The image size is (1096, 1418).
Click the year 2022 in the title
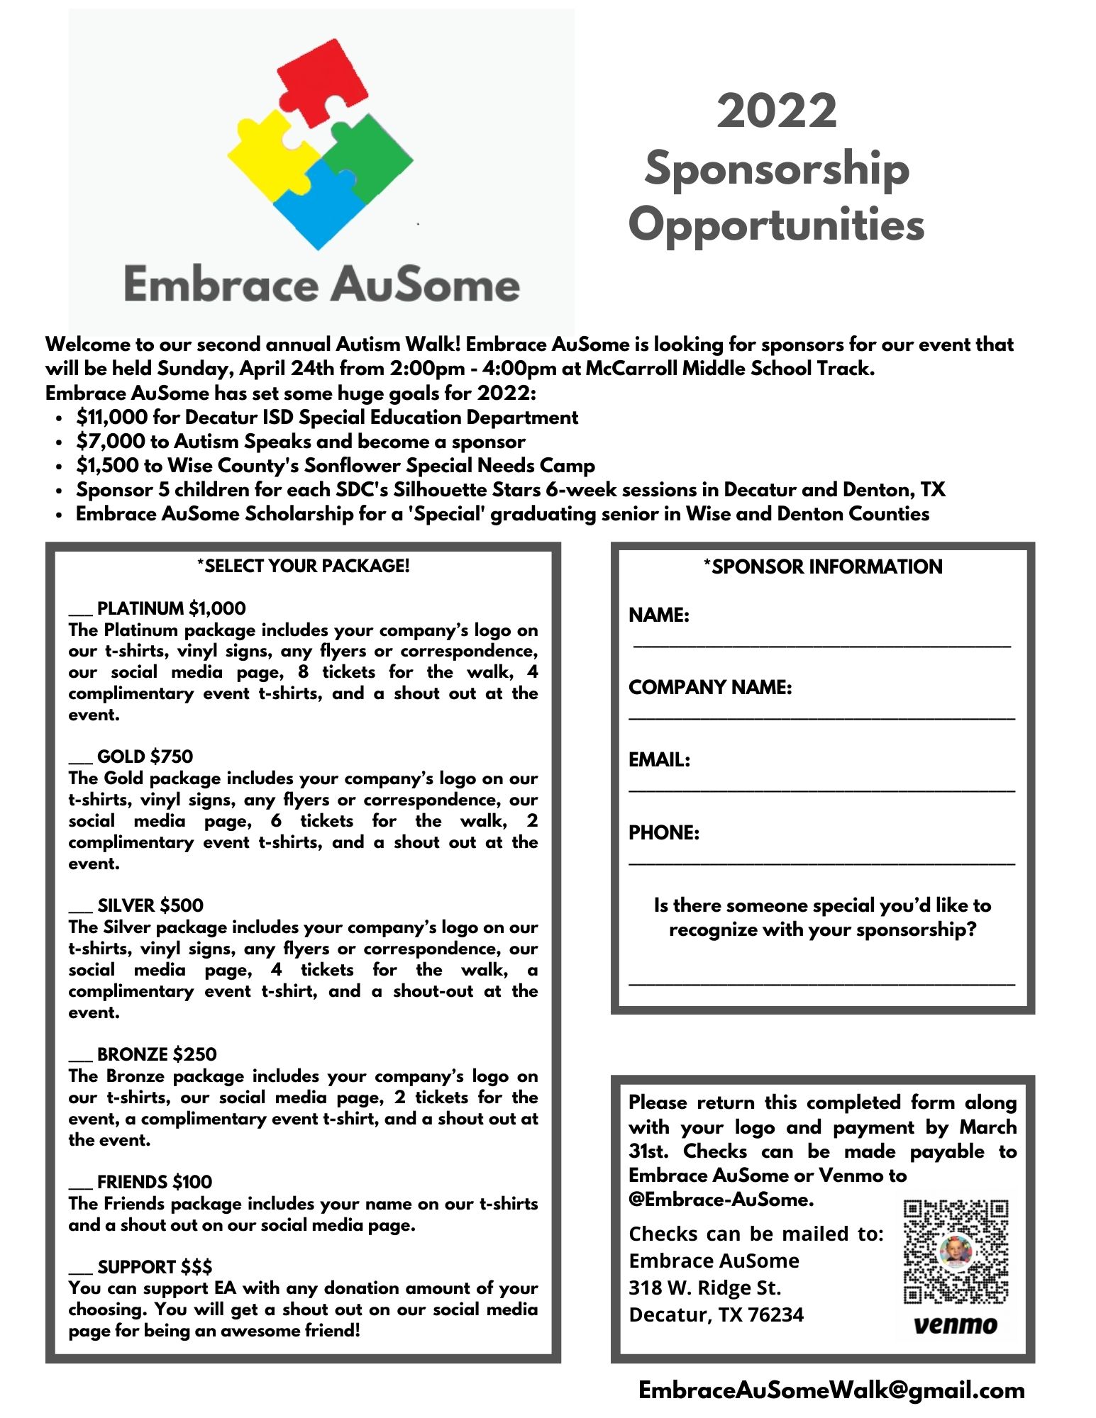click(x=777, y=111)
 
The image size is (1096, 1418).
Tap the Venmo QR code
click(x=956, y=1251)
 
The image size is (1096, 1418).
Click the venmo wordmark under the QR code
click(x=956, y=1324)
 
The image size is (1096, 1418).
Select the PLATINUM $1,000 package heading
click(x=171, y=608)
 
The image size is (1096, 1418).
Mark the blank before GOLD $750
click(x=80, y=759)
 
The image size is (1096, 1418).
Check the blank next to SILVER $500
click(x=80, y=908)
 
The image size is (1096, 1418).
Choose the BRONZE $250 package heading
click(x=157, y=1054)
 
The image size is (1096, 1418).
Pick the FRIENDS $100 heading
click(x=154, y=1182)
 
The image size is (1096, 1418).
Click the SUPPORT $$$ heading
click(x=155, y=1266)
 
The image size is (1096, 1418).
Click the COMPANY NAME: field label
click(x=710, y=687)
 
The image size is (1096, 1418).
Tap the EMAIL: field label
click(x=659, y=760)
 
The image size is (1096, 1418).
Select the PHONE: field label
click(x=664, y=832)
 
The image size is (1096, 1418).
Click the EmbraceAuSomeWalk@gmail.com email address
click(x=831, y=1390)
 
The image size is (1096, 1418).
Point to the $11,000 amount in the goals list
click(x=111, y=418)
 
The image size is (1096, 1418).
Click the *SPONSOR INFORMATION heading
click(x=823, y=566)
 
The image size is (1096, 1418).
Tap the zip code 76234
click(x=775, y=1314)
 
